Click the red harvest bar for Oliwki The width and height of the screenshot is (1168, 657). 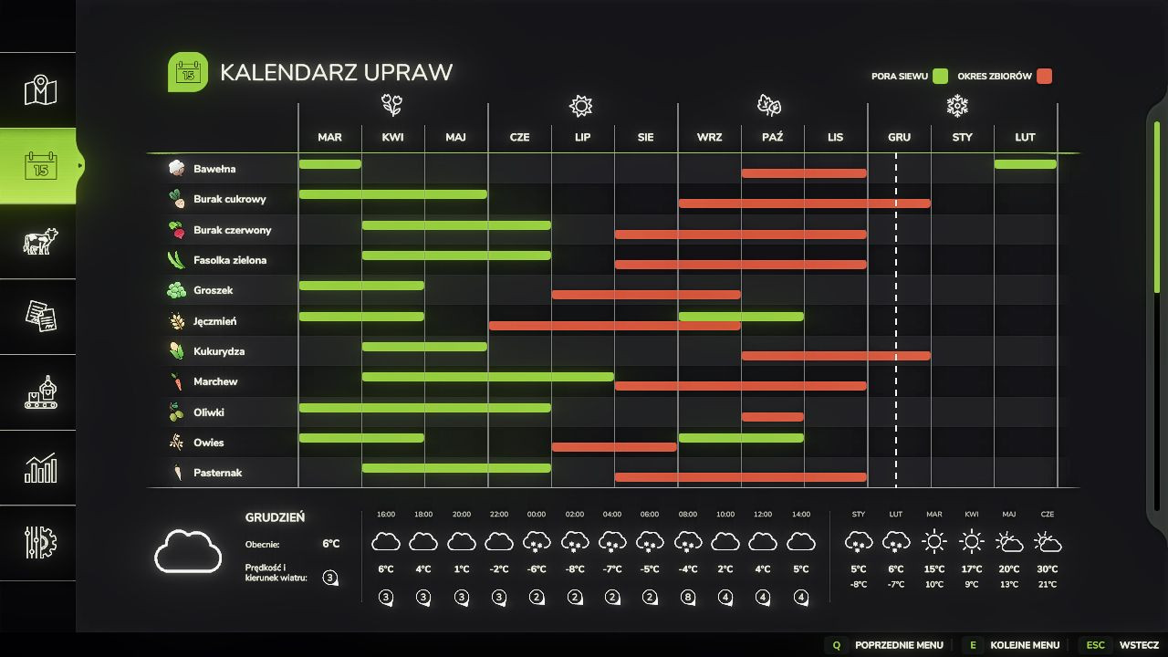[772, 417]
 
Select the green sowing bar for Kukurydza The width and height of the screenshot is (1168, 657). [424, 347]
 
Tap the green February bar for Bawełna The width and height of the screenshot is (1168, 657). [1025, 164]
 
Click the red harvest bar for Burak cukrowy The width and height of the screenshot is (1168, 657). [804, 203]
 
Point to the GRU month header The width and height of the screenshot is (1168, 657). [899, 137]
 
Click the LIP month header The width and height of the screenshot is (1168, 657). [582, 137]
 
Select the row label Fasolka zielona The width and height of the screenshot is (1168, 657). [230, 260]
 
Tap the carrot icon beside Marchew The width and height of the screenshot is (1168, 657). [177, 381]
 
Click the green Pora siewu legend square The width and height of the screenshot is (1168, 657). [940, 77]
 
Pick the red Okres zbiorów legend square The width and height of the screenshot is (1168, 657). [1044, 77]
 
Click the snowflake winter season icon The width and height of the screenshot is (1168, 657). [957, 106]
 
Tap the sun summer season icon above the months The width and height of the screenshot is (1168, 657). [580, 106]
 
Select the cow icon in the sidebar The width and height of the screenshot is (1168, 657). [39, 241]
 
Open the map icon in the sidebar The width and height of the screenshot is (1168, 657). [39, 90]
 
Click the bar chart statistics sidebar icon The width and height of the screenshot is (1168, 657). [39, 468]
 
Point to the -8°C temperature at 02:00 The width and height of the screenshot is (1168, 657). [575, 569]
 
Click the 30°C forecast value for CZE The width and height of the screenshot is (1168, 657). [1048, 569]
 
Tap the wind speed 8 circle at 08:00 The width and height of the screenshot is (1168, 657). [687, 599]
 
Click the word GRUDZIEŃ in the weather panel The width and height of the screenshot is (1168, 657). [275, 517]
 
